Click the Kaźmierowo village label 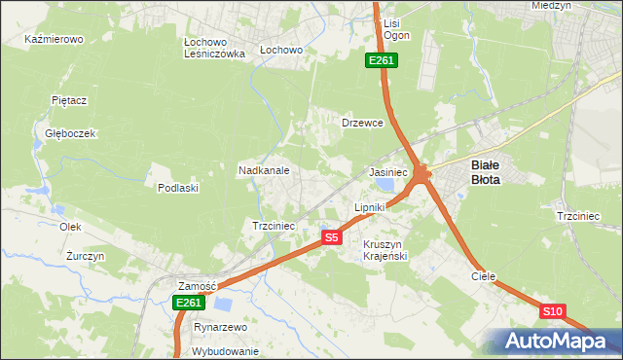55,40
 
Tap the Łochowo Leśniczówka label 214,49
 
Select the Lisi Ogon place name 396,28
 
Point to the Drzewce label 362,124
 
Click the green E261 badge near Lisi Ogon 381,61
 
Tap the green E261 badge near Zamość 189,304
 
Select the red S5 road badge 332,237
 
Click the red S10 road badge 552,311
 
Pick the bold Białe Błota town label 492,172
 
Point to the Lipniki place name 370,207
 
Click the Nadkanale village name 264,169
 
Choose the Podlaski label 178,188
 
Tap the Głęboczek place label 69,133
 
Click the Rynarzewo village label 221,328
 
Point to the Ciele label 484,276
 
